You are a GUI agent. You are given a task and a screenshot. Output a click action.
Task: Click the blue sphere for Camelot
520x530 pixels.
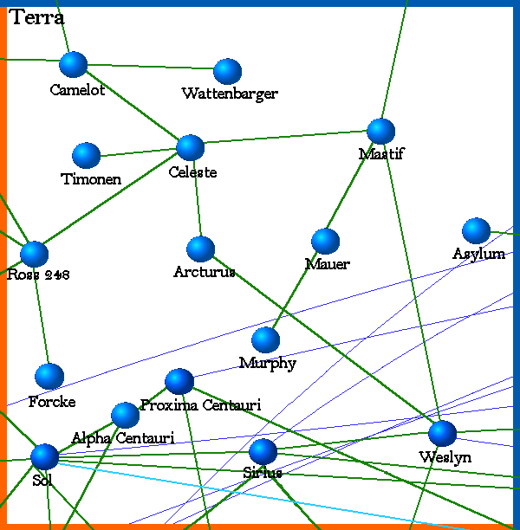[74, 64]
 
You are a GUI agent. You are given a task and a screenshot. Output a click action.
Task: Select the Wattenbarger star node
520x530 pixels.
[227, 72]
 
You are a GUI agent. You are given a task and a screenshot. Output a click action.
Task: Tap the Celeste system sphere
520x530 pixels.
[190, 148]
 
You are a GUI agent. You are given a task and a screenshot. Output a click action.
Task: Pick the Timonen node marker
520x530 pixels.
[87, 156]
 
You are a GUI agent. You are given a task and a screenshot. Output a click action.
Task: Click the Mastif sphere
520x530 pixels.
[381, 131]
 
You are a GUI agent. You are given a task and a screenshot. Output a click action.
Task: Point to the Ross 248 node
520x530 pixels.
[35, 254]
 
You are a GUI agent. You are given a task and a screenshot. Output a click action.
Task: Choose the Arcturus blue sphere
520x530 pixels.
[200, 249]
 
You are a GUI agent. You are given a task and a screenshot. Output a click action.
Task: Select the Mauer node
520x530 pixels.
[325, 242]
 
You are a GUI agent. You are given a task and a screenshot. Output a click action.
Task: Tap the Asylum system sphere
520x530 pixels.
[476, 231]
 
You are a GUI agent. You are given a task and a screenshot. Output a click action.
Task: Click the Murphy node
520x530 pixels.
[265, 340]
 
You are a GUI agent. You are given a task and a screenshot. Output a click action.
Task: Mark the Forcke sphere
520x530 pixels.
[49, 377]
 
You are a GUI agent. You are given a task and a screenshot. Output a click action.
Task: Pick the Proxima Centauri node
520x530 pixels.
[179, 381]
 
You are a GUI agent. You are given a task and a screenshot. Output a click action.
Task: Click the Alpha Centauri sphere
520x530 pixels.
[126, 416]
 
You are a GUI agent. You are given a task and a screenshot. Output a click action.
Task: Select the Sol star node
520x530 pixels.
[44, 456]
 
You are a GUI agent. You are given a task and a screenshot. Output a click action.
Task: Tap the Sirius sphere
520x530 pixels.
[263, 452]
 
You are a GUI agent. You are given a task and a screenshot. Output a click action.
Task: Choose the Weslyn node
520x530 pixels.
[442, 433]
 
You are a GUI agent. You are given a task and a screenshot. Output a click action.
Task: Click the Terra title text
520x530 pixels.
[38, 18]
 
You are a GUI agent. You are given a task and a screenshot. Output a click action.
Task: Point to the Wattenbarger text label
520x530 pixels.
[230, 94]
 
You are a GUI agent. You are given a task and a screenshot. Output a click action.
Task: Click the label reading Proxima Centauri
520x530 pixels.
[200, 405]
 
